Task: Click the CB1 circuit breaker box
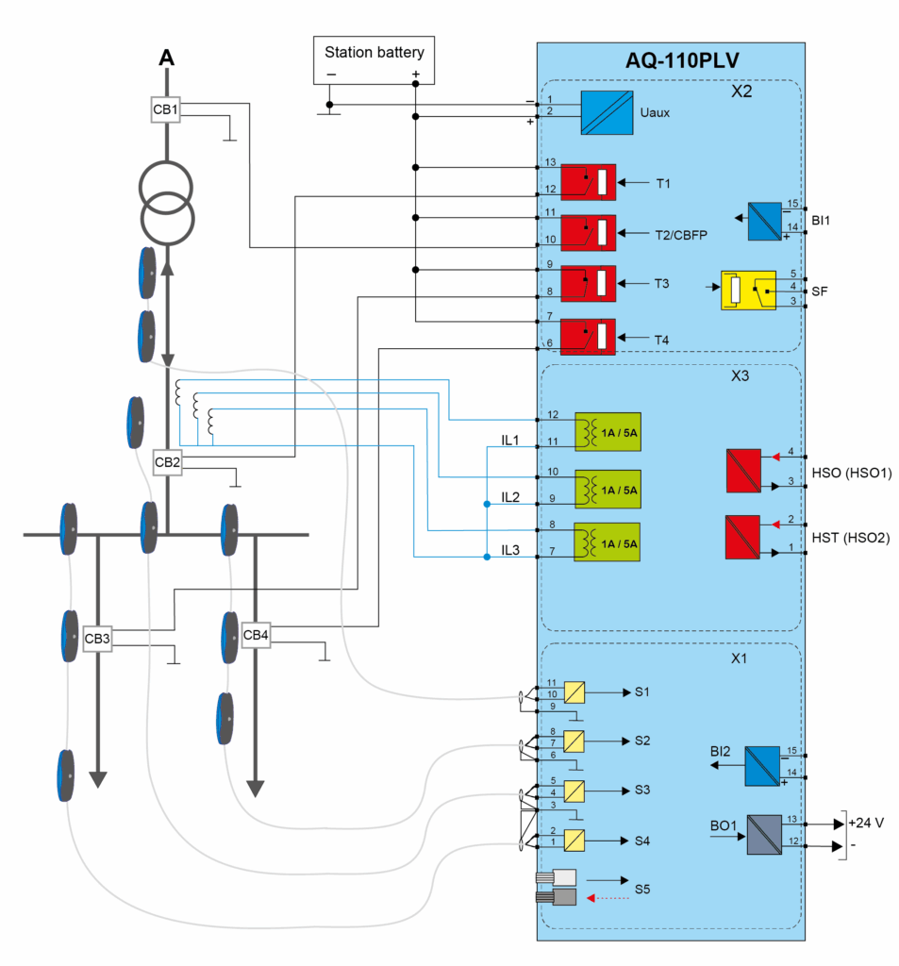(x=166, y=109)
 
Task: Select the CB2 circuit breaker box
(x=167, y=462)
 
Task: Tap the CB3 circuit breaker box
(x=97, y=640)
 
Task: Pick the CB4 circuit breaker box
(x=256, y=635)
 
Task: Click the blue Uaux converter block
(x=606, y=112)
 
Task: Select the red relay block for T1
(x=589, y=182)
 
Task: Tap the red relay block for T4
(x=589, y=337)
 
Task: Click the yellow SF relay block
(x=747, y=291)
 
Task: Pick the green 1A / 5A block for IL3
(x=607, y=542)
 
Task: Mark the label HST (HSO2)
(x=851, y=538)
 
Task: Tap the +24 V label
(x=866, y=822)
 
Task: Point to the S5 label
(x=642, y=889)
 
